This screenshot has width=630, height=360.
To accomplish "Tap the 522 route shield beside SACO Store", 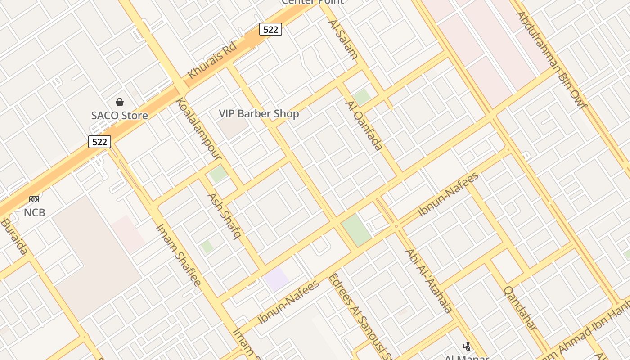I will point(99,142).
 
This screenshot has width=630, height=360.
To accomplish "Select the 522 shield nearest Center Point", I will point(270,30).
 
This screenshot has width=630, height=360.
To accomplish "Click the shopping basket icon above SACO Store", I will point(120,102).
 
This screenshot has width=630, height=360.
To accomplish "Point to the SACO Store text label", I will point(120,116).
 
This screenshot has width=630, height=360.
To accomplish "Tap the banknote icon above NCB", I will point(34,199).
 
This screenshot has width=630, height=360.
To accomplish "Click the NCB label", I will point(35,212).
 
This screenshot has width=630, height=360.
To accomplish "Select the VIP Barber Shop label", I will point(259,114).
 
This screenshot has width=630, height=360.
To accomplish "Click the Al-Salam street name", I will point(343,40).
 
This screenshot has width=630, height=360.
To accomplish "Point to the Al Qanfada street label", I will point(364,125).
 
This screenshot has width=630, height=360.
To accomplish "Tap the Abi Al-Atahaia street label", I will point(428,280).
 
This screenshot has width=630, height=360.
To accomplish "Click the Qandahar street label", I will point(521,308).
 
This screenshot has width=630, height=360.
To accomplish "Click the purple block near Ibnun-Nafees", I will point(276,279).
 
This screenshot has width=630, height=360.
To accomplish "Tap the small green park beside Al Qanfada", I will point(362,97).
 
